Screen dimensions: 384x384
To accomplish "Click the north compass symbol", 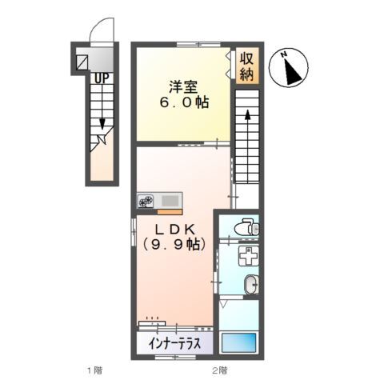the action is [x=289, y=68].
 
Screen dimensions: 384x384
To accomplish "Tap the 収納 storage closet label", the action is [x=246, y=66].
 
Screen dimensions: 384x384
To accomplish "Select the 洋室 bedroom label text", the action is [x=183, y=86].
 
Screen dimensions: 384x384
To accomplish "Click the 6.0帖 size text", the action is [x=184, y=102].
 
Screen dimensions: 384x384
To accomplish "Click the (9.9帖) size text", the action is [x=174, y=244].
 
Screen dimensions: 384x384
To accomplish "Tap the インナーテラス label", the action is [x=174, y=343].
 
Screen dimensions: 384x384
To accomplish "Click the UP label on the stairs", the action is [x=102, y=78].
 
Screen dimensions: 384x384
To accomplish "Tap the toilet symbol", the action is [x=246, y=227].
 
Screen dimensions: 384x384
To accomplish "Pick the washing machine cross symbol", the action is [x=248, y=255].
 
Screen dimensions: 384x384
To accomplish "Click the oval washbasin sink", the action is [x=251, y=284].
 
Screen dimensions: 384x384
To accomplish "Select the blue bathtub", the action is [x=239, y=342].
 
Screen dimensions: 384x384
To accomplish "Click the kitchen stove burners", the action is [x=146, y=201].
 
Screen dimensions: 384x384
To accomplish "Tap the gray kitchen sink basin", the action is [x=170, y=201].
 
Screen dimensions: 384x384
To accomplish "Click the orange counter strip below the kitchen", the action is [x=170, y=212].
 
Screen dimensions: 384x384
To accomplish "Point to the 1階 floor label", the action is [x=95, y=370].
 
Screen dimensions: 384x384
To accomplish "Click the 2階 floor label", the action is [x=220, y=370].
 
